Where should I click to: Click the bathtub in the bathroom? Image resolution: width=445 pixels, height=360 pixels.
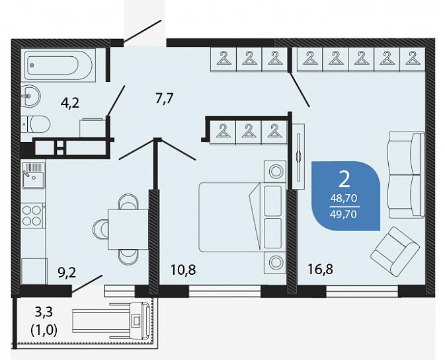[58, 66]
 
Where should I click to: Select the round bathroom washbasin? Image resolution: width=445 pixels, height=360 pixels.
[30, 96]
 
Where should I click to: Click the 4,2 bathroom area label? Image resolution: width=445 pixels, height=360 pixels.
[70, 102]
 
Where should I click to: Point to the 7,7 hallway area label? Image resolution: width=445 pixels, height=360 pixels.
[165, 99]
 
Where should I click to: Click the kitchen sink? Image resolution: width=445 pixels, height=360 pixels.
[33, 175]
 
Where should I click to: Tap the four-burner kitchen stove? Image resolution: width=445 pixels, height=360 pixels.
[32, 215]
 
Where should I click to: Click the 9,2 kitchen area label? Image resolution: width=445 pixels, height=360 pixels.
[67, 272]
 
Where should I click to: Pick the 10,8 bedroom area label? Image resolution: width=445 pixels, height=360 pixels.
[183, 270]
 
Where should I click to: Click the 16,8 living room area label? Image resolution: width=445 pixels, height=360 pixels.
[321, 269]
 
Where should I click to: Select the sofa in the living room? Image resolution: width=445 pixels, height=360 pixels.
[407, 174]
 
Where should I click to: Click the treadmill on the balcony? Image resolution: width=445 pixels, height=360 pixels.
[111, 322]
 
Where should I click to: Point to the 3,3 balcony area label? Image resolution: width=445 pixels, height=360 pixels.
[44, 312]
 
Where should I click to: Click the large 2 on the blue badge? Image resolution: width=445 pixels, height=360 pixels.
[344, 180]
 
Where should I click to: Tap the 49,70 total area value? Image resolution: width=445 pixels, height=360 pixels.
[344, 214]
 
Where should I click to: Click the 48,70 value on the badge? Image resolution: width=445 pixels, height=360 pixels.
[344, 198]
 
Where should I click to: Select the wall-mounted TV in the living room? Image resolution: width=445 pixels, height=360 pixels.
[298, 156]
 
